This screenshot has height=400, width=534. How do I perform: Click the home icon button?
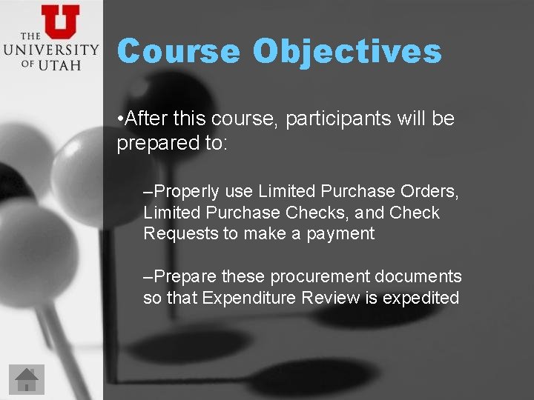(x=27, y=379)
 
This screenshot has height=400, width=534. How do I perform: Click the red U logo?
(x=60, y=21)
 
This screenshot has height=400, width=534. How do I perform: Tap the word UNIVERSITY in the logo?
(x=50, y=50)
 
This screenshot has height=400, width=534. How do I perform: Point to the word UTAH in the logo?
(x=62, y=65)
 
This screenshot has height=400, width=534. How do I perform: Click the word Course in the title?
(x=178, y=52)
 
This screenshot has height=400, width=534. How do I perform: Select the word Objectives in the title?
(x=346, y=52)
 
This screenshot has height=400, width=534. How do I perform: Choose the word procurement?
(x=320, y=277)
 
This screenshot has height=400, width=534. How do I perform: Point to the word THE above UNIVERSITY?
(x=30, y=36)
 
